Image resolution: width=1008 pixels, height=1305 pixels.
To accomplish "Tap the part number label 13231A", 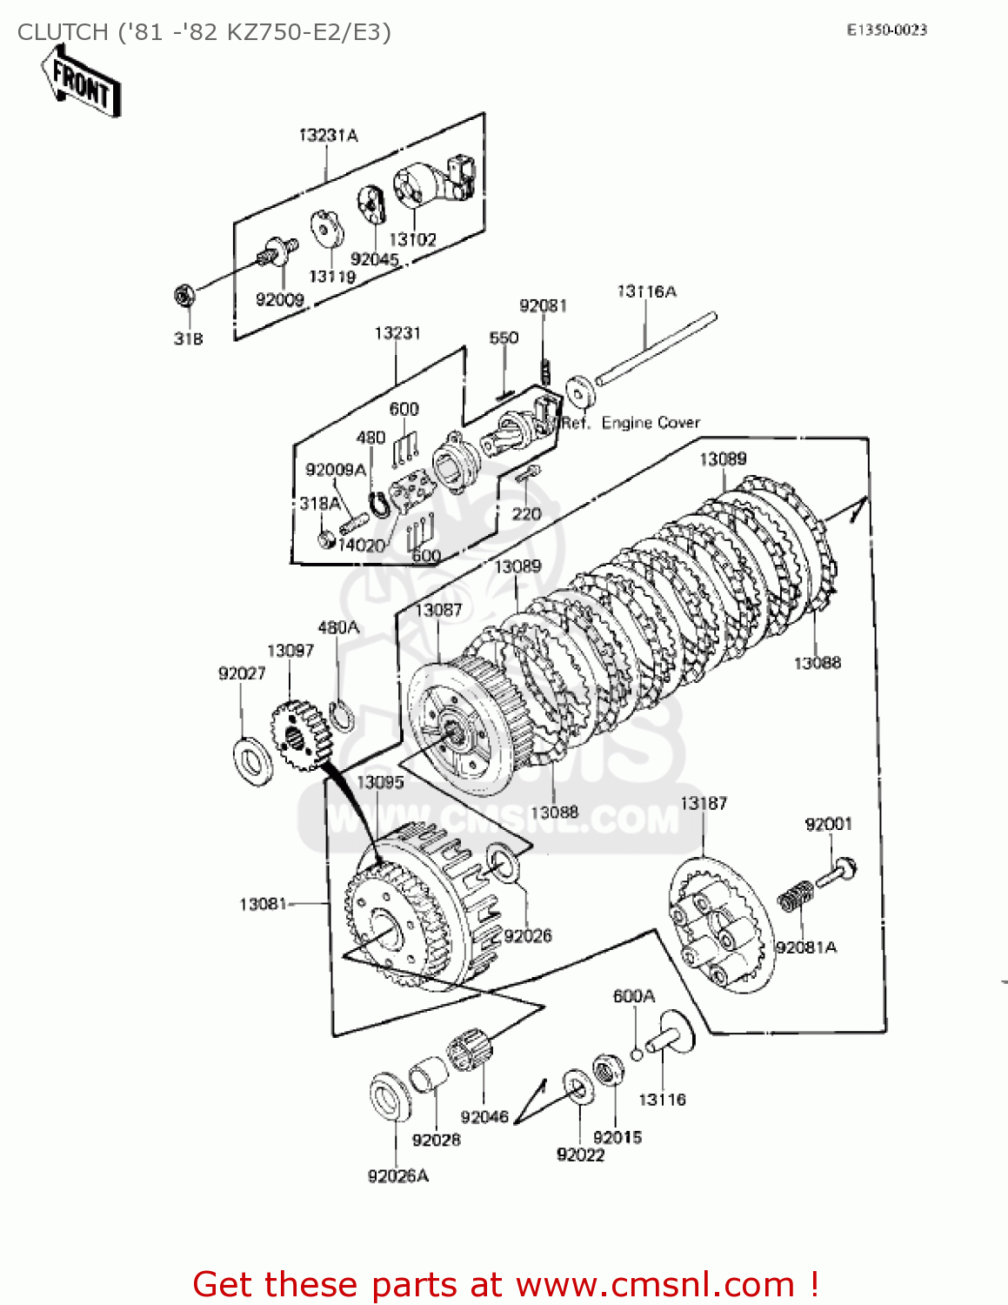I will coord(328,135).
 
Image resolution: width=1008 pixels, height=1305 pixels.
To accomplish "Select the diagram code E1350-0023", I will coord(886,30).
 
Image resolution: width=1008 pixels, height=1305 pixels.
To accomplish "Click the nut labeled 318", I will coord(184,297).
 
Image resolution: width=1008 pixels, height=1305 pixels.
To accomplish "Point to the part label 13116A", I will coord(646,291).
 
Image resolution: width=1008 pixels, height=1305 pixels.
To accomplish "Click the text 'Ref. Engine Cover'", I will coord(631,423).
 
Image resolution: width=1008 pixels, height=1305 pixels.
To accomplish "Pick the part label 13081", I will coord(263,904).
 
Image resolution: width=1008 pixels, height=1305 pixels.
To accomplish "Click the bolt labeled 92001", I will coord(837,872).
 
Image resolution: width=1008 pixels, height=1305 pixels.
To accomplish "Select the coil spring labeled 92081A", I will coord(795,896).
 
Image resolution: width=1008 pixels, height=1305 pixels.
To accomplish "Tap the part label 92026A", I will coord(397,1176).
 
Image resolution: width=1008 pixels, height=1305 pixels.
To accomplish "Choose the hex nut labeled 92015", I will coord(608,1069).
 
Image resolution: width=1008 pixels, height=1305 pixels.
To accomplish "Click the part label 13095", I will coord(380,782).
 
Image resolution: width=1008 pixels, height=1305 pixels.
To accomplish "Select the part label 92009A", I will coord(336,470).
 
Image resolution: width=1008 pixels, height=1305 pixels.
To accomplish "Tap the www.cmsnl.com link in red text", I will coord(655,1284).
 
